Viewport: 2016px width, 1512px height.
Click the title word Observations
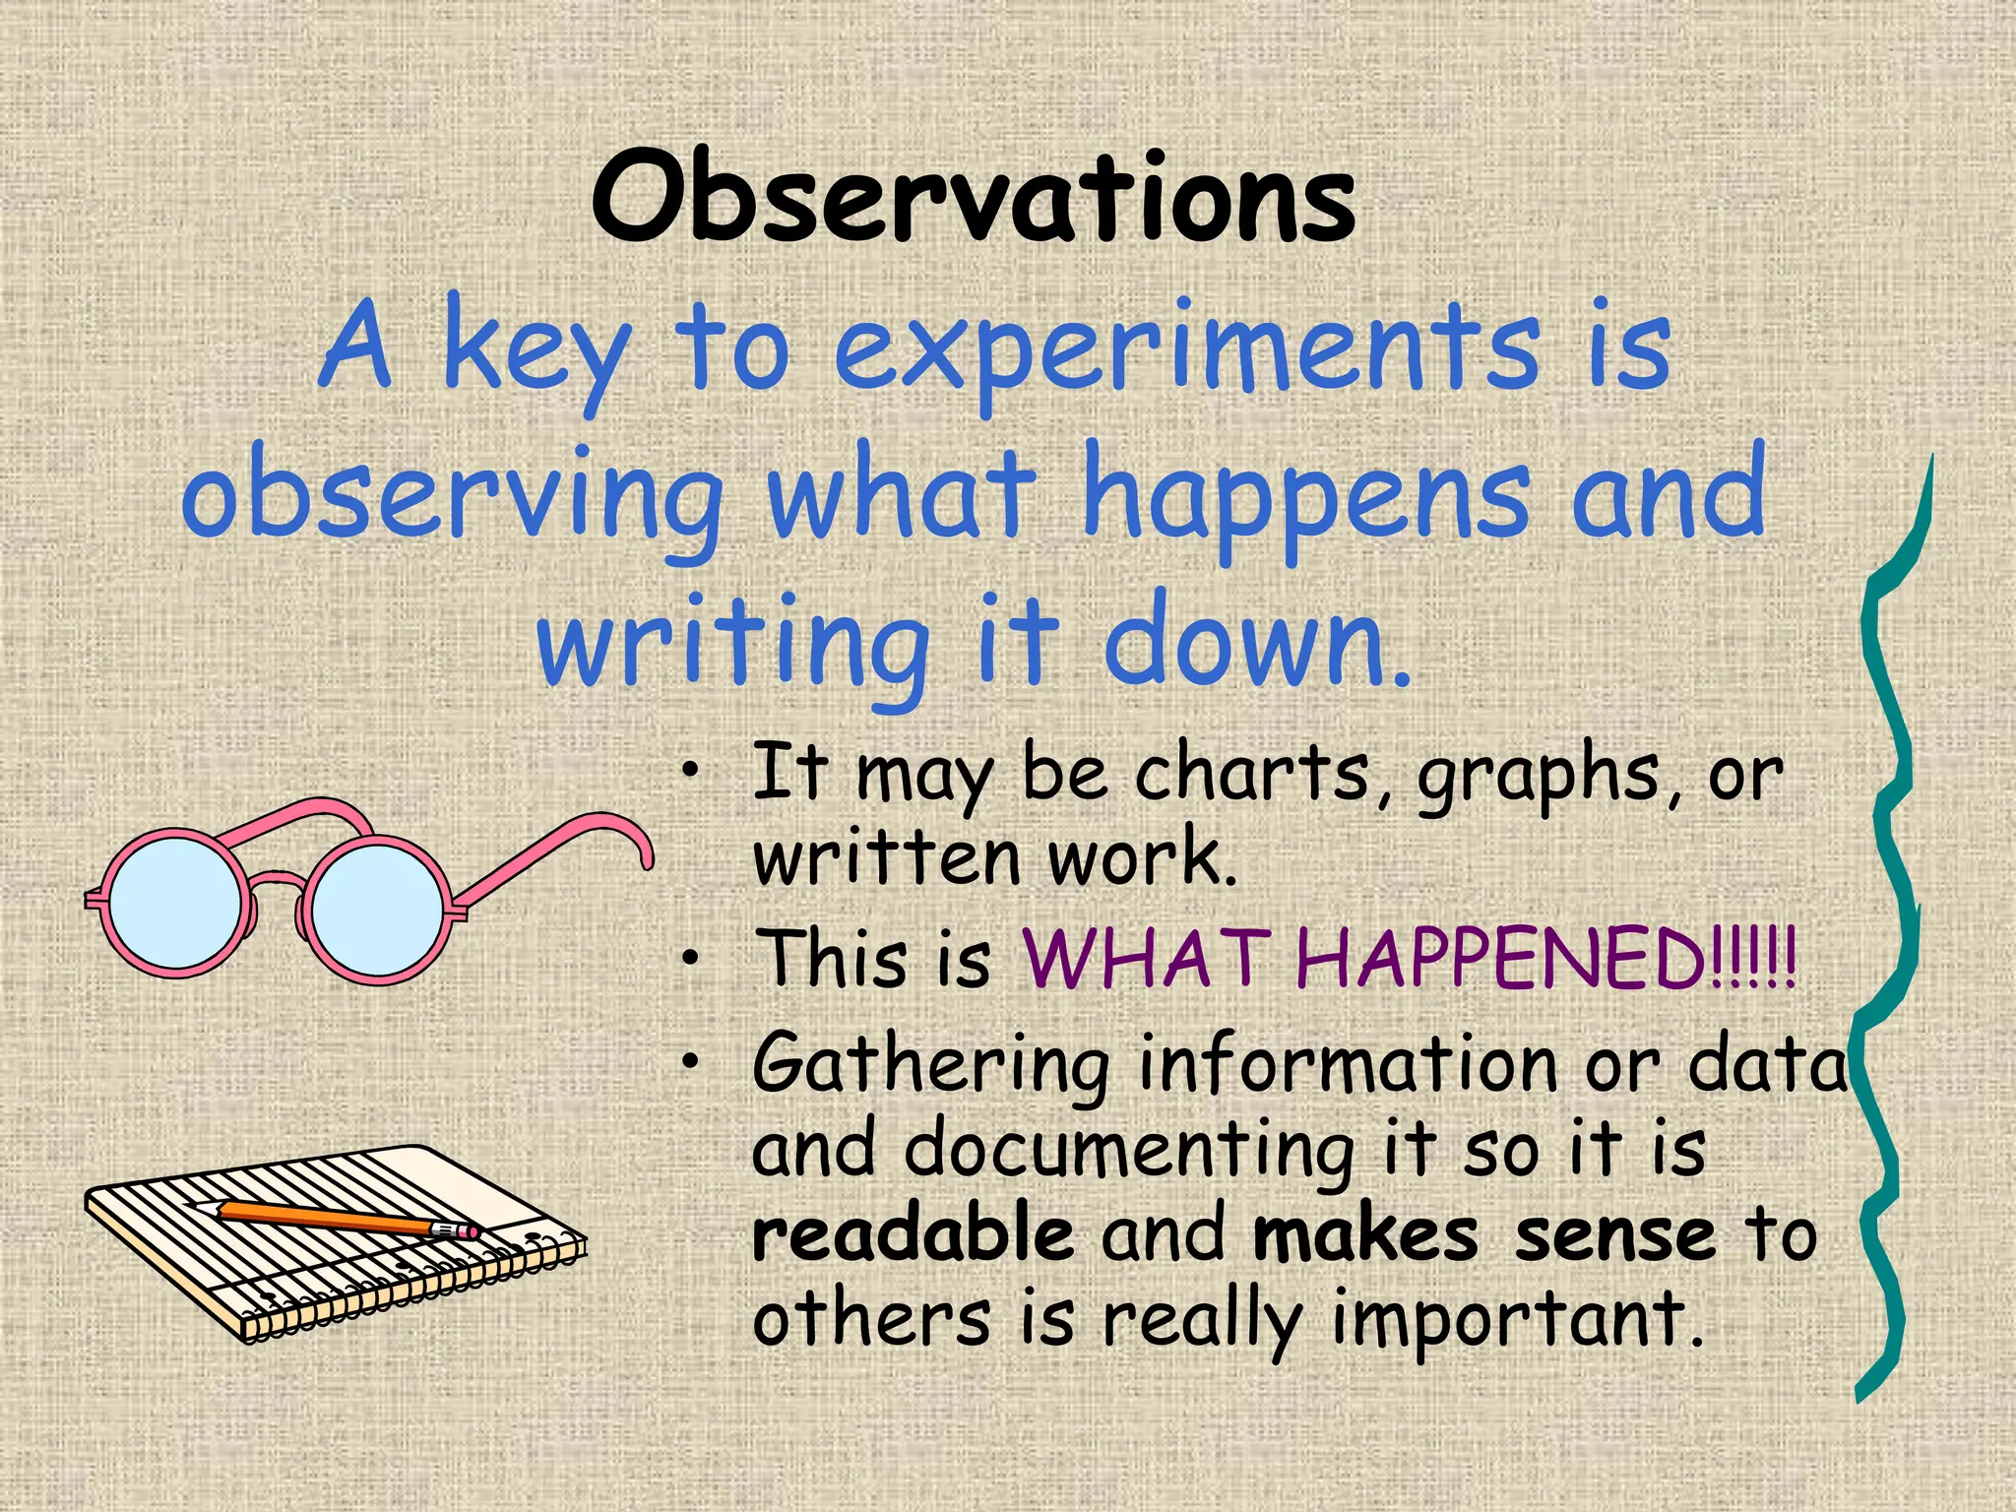(975, 200)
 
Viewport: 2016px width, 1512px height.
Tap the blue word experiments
(1186, 349)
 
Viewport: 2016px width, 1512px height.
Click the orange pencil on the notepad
(325, 1218)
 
